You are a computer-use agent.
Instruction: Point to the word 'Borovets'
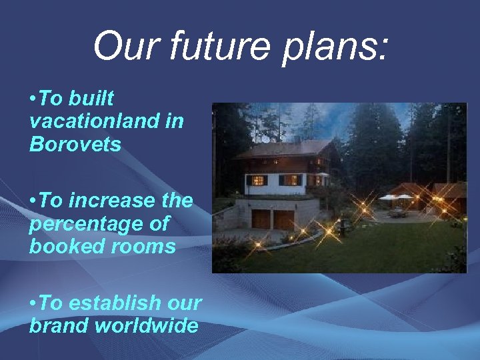pyautogui.click(x=75, y=145)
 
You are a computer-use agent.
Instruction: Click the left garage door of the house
pyautogui.click(x=261, y=219)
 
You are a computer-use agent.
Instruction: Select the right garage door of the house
pyautogui.click(x=284, y=219)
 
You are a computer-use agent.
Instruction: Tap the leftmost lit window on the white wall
pyautogui.click(x=257, y=180)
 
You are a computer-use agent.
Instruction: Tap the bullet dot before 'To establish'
pyautogui.click(x=33, y=303)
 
